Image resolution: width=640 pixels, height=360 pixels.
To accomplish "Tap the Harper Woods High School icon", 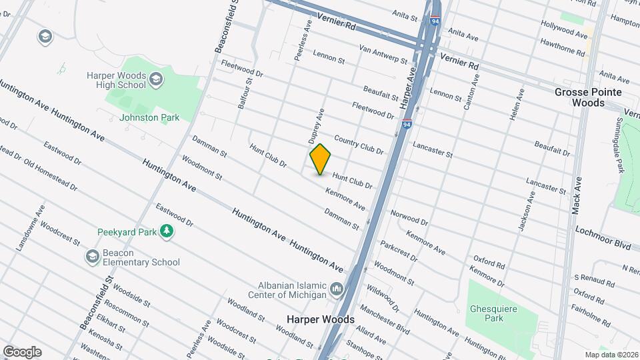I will coord(156,81).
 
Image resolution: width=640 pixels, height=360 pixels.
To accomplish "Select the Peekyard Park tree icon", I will coord(166,231).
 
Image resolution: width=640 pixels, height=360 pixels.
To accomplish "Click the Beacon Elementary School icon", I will coord(93,256).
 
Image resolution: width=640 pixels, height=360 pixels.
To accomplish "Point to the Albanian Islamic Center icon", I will coord(337,289).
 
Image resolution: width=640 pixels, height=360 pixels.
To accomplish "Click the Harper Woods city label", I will coord(320,319).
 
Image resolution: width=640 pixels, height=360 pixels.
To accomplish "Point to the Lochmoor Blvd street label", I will coord(603,238).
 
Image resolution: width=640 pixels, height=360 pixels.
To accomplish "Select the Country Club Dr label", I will coord(359,145).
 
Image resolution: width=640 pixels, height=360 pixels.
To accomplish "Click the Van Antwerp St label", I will coord(383,54).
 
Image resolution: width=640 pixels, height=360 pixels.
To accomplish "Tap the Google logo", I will coord(22,352).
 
